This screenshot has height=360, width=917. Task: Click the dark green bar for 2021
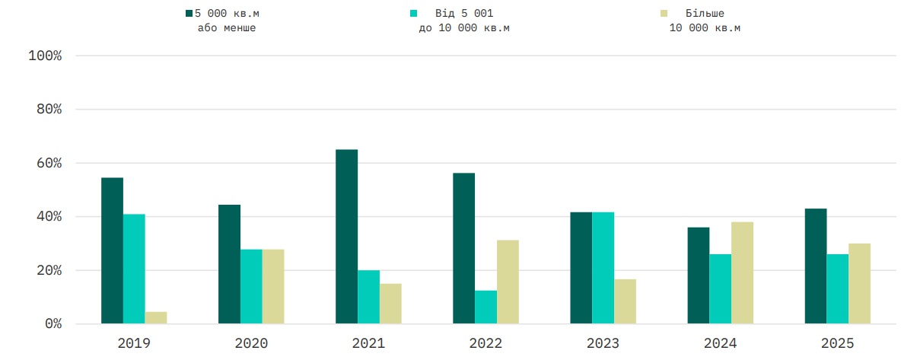coord(346,237)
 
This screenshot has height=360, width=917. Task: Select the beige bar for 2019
coord(156,317)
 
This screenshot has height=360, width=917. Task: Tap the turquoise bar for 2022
coord(486,307)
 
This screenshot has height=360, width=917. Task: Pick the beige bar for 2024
coord(742,272)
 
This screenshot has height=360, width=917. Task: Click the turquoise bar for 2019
coord(134,269)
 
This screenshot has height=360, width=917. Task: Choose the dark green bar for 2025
coord(815,266)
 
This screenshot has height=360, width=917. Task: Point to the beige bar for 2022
coord(508,282)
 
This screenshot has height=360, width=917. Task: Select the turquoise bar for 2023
coord(603,268)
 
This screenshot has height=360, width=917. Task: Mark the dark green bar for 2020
coord(229,264)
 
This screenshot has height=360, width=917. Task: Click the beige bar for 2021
coord(390,304)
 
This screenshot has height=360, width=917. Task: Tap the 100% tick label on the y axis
coord(44,56)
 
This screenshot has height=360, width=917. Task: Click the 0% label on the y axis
coord(51,324)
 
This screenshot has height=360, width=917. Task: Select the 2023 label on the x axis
coord(603,343)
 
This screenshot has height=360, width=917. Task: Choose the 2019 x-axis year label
coord(134,343)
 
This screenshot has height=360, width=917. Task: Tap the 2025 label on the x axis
coord(837,343)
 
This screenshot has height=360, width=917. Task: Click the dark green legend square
coord(189,14)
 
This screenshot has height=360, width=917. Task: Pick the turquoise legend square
coord(413,14)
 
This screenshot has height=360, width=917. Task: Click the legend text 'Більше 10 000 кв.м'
coord(705,21)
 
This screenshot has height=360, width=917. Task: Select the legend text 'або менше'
coord(227,28)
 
